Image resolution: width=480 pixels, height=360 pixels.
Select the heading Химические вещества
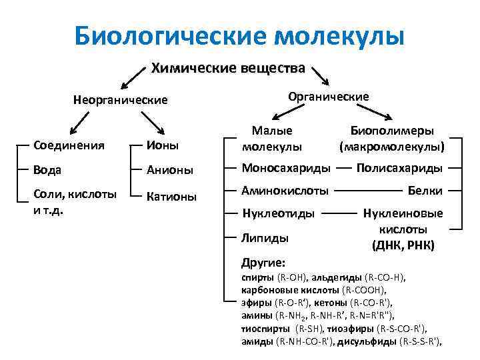228,68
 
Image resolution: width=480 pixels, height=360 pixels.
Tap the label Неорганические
120,100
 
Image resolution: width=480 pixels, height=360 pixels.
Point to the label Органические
328,96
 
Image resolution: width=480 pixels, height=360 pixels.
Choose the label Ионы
164,145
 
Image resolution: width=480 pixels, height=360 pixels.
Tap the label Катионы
172,197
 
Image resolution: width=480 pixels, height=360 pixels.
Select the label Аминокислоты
285,191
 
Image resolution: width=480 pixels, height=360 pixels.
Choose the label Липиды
265,237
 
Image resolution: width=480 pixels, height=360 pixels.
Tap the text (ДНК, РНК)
403,245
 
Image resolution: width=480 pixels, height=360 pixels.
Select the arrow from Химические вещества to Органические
319,75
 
